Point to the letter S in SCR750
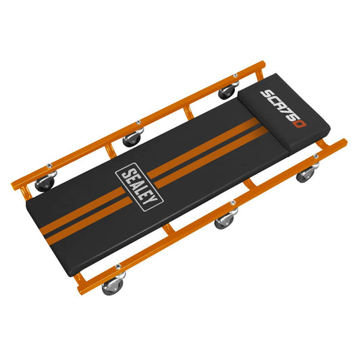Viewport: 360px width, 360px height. pos(267,93)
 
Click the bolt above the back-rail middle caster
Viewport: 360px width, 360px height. pos(138,123)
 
